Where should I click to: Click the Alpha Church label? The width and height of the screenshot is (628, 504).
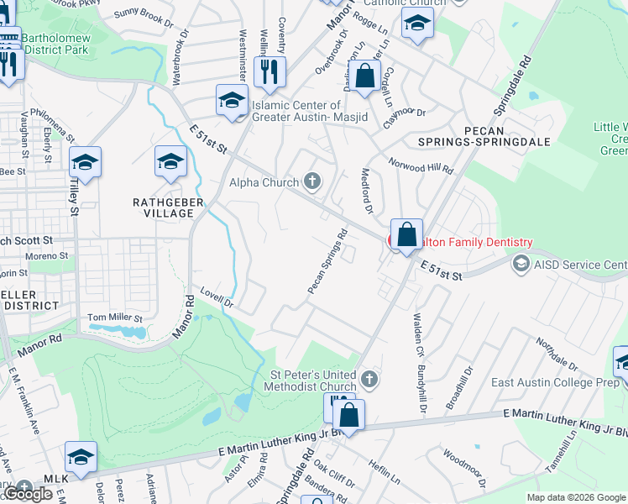coord(264,182)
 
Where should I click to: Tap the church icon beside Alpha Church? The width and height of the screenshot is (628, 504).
coord(312,181)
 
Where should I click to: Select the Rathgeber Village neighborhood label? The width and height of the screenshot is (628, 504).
coord(164,207)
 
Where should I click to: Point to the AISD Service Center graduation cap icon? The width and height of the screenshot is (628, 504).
coord(521,265)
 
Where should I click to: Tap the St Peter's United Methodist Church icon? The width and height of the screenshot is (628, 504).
coord(369,380)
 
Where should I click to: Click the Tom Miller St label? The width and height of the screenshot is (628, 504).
coord(116,318)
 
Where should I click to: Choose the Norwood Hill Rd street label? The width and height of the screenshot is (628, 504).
coord(421,164)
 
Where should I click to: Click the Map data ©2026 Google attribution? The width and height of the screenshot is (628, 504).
coord(576,497)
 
